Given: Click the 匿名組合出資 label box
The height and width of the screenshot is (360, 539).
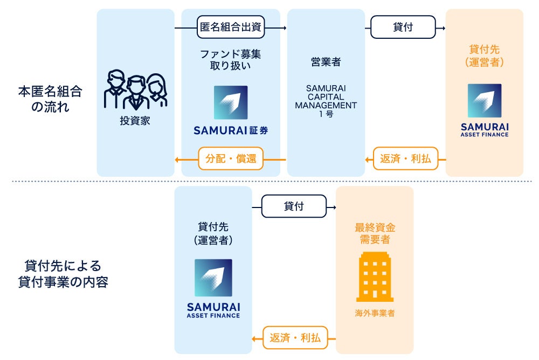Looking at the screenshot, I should pyautogui.click(x=231, y=27).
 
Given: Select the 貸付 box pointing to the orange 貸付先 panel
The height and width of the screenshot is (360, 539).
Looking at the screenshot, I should pyautogui.click(x=403, y=27).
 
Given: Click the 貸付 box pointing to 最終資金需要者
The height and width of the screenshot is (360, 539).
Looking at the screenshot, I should pyautogui.click(x=293, y=206).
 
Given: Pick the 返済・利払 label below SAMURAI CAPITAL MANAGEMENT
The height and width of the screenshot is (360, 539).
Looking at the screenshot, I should pyautogui.click(x=405, y=159).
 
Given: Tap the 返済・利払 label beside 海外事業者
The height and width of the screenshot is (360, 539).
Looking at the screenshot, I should pyautogui.click(x=294, y=338).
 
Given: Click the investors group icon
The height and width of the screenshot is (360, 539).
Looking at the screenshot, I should pyautogui.click(x=135, y=91).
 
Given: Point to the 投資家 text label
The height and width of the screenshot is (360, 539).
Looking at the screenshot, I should pyautogui.click(x=135, y=121).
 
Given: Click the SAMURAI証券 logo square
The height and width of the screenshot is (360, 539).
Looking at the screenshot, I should pyautogui.click(x=231, y=102).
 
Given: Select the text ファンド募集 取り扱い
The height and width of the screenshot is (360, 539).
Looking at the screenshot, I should pyautogui.click(x=231, y=60).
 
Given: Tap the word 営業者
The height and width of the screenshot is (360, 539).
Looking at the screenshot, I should pyautogui.click(x=326, y=62).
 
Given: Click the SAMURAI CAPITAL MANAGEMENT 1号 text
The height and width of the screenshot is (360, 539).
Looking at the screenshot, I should pyautogui.click(x=326, y=101).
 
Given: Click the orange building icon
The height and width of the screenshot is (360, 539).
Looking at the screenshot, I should pyautogui.click(x=375, y=276).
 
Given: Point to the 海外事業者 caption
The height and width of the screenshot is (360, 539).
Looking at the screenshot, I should pyautogui.click(x=375, y=313).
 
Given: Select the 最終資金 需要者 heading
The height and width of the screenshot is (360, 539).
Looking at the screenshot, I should pyautogui.click(x=375, y=233).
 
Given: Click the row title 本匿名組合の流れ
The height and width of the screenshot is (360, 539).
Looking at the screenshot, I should pyautogui.click(x=50, y=99).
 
